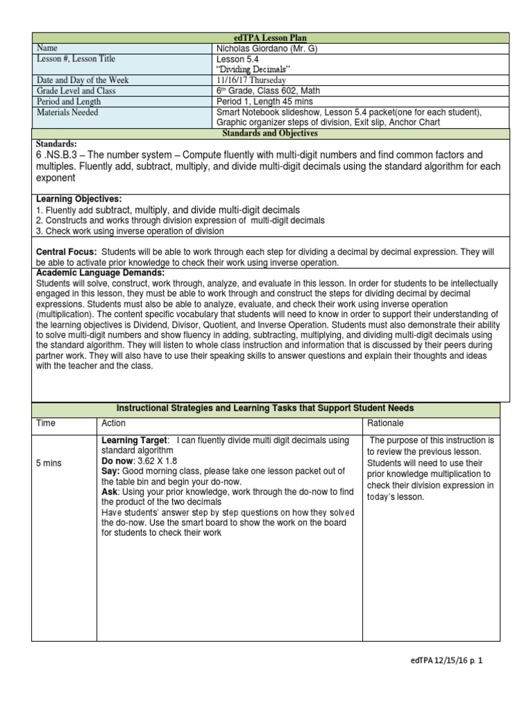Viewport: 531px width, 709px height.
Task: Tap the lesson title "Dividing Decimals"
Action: (x=249, y=69)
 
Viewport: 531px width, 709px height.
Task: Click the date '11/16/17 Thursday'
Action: (x=251, y=80)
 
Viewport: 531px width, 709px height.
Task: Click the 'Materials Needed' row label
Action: (x=67, y=111)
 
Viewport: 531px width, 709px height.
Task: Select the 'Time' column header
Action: (x=46, y=423)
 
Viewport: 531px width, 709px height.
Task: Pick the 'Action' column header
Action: (x=113, y=423)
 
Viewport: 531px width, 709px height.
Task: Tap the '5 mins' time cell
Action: (x=48, y=463)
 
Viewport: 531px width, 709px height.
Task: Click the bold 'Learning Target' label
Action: (x=134, y=440)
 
